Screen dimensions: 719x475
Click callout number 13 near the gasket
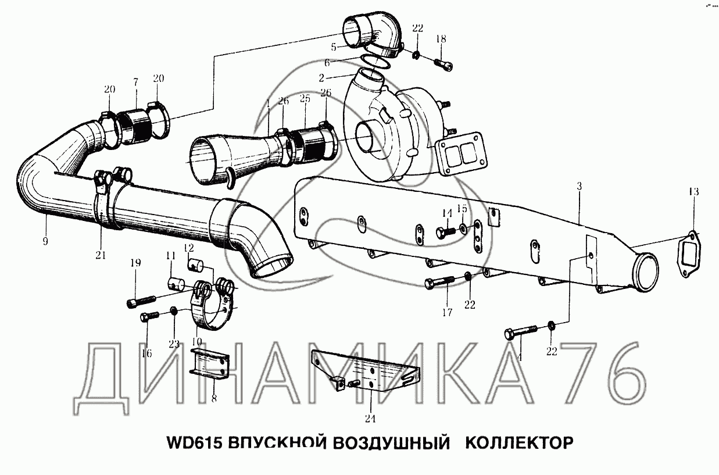tap(693, 192)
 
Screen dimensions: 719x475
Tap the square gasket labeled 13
tap(688, 253)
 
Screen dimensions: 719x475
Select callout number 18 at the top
tap(441, 39)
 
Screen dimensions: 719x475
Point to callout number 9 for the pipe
tap(45, 241)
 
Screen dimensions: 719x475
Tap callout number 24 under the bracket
tap(370, 419)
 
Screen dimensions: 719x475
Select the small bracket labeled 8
tap(211, 364)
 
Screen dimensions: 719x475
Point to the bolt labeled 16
tap(149, 317)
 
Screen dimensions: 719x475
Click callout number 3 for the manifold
tap(579, 186)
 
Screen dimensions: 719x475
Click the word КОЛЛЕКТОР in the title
tap(519, 443)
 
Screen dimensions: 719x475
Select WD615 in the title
tap(195, 444)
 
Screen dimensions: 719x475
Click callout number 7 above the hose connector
tap(136, 83)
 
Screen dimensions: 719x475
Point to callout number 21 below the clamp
tap(101, 255)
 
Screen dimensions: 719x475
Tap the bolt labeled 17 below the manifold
tap(439, 283)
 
